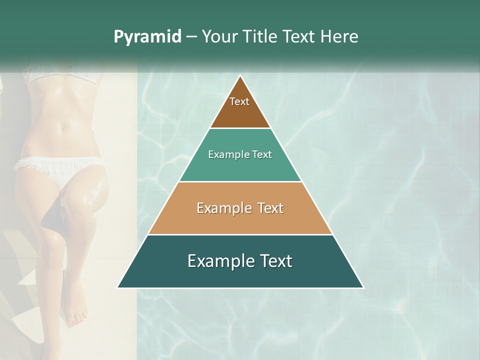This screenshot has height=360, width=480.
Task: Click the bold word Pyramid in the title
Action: (x=147, y=37)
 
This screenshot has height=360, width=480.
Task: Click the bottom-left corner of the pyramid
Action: (x=118, y=287)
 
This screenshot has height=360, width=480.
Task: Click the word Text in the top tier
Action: (x=239, y=101)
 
